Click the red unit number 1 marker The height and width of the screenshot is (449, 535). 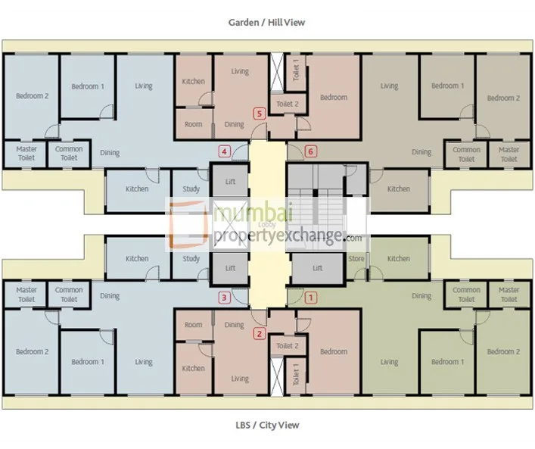(x=309, y=298)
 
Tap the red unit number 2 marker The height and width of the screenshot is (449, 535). (x=260, y=332)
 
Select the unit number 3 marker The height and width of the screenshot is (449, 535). (x=224, y=298)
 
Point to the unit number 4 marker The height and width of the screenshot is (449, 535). (x=224, y=151)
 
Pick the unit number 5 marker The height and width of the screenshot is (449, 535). (x=260, y=114)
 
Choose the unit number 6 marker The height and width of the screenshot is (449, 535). (x=309, y=151)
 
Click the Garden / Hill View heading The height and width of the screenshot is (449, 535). (x=267, y=23)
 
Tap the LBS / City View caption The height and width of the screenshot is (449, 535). (x=267, y=425)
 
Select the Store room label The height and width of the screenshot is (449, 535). (x=356, y=259)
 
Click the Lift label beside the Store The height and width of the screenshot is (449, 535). (x=318, y=268)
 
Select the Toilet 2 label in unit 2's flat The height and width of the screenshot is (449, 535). (x=288, y=346)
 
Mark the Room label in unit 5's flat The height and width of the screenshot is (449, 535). (x=194, y=124)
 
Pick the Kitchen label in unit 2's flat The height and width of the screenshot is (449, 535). (x=194, y=369)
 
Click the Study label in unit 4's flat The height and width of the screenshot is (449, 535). (x=191, y=189)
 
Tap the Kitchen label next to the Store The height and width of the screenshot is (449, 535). (x=399, y=259)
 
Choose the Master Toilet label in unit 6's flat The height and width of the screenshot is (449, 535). (x=509, y=154)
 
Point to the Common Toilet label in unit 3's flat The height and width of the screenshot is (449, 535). (x=69, y=295)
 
